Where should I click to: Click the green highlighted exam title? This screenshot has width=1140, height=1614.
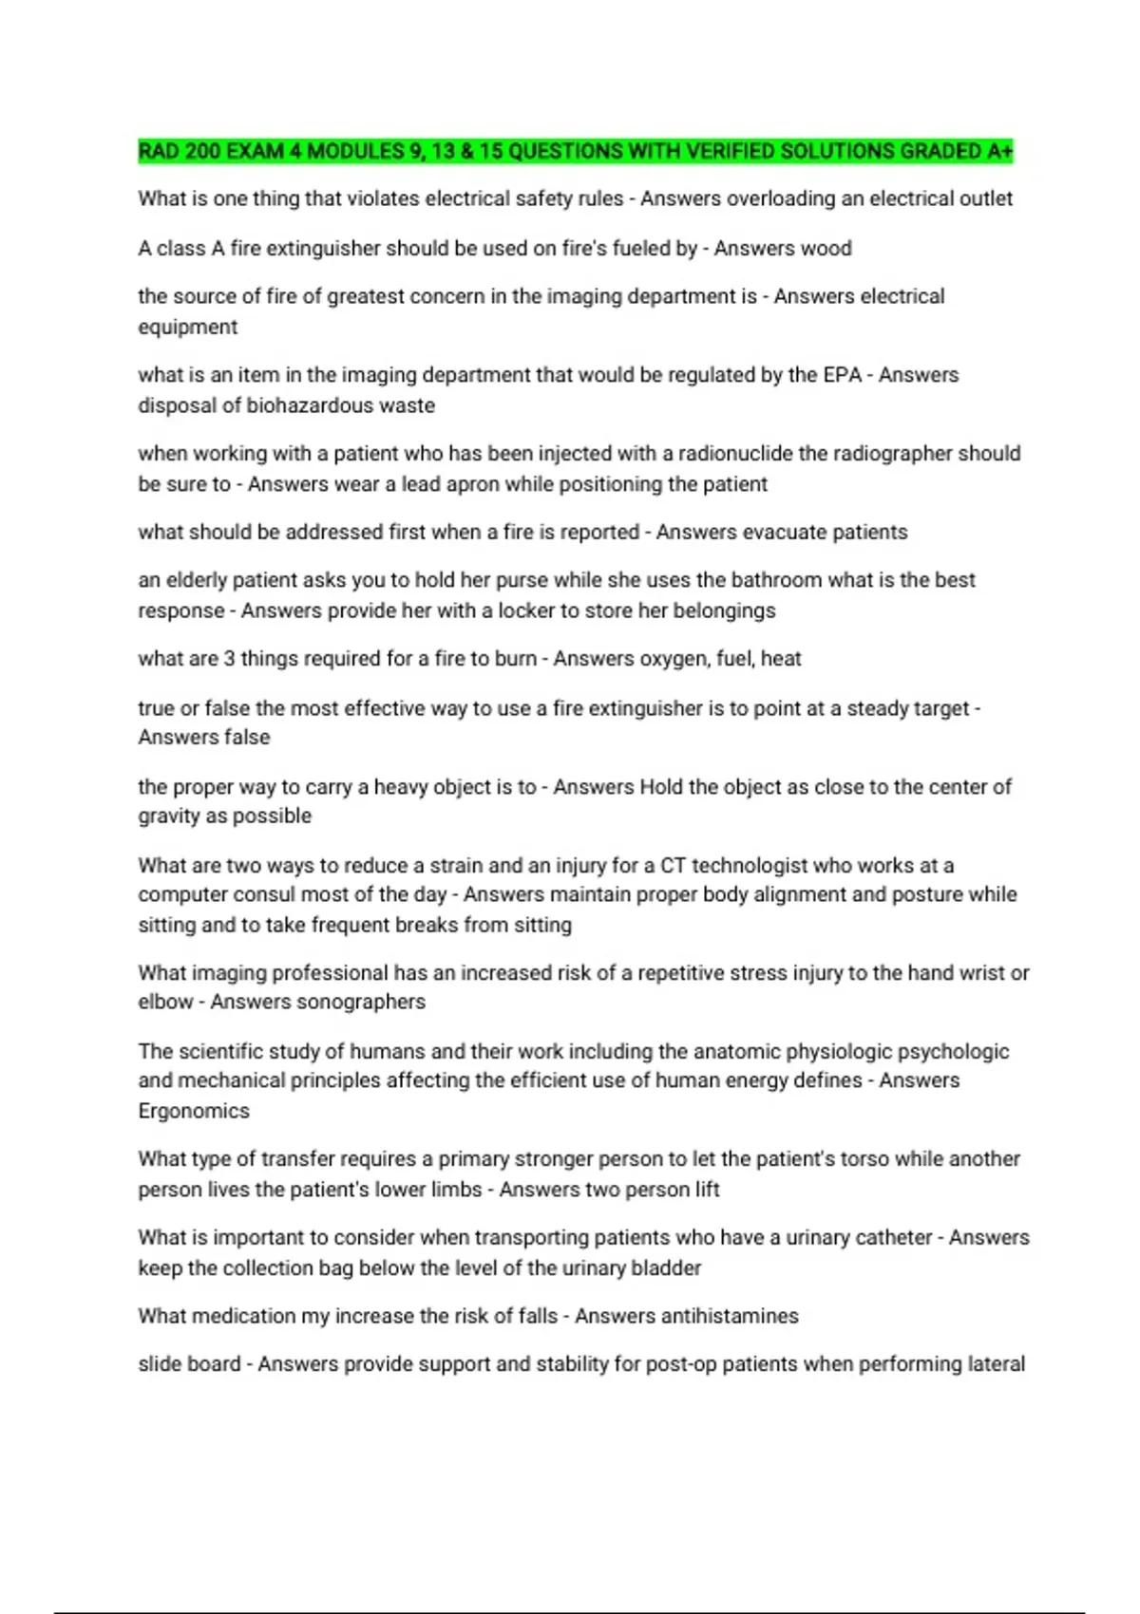tap(575, 151)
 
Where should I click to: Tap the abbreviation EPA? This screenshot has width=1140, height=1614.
tap(842, 374)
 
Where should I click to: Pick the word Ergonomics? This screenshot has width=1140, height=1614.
tap(194, 1111)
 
